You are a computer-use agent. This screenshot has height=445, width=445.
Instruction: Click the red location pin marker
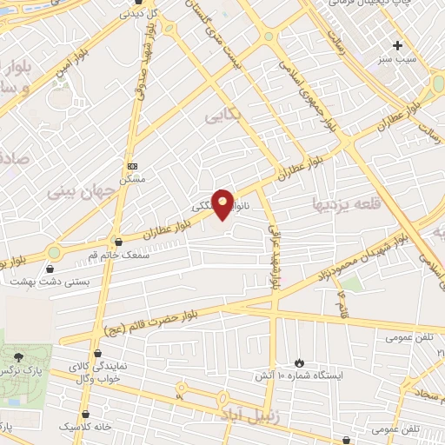[223, 204]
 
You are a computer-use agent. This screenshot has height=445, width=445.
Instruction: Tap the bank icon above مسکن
[132, 165]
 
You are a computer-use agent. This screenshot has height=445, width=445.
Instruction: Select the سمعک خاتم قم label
[117, 253]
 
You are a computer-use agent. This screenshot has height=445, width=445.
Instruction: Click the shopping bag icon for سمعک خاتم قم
[118, 241]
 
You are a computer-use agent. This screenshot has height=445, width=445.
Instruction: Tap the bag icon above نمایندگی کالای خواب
[97, 354]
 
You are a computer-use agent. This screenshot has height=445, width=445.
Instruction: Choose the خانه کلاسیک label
[85, 427]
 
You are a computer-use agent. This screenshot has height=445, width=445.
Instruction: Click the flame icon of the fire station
[300, 362]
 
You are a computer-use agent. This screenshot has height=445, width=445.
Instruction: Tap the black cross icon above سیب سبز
[397, 45]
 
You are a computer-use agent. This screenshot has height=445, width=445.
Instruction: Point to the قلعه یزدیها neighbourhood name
[348, 203]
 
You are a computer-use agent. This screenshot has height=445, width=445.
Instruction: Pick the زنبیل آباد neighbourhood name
[252, 410]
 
